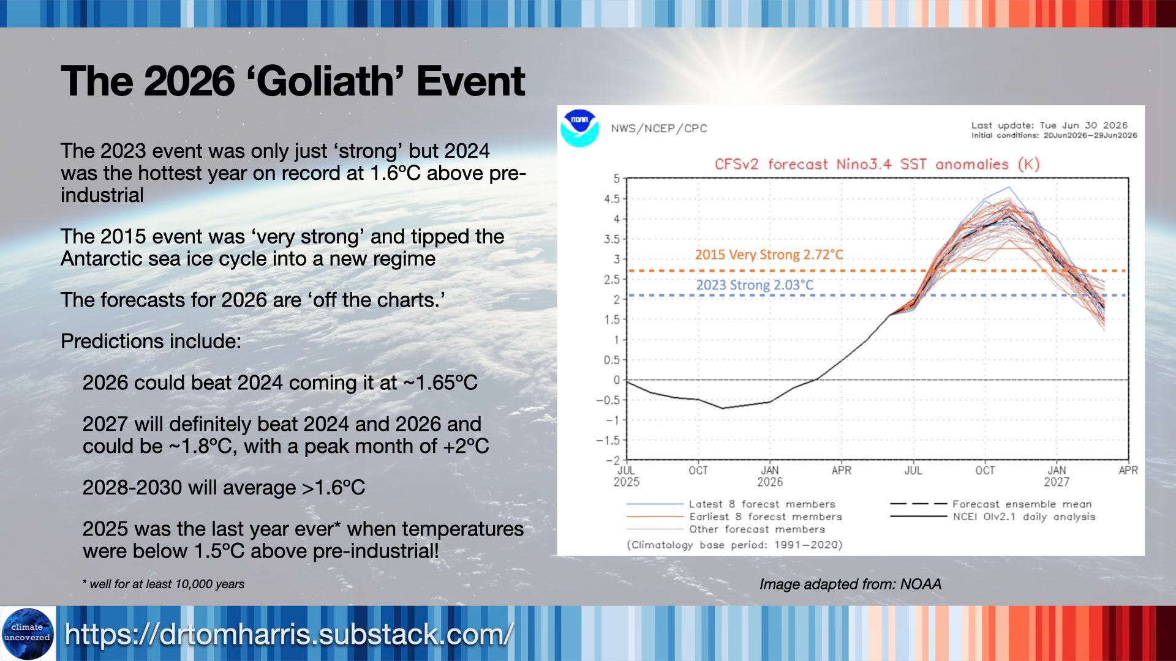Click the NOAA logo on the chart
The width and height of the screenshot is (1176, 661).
click(579, 128)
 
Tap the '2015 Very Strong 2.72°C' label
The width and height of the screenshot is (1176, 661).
click(769, 255)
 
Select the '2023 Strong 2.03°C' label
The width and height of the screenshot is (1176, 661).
click(755, 285)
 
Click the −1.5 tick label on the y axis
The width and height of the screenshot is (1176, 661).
click(608, 441)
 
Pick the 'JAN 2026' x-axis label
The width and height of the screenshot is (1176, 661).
click(770, 476)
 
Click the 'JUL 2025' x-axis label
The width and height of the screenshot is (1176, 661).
click(626, 476)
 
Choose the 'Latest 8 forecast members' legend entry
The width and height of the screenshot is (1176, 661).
click(731, 504)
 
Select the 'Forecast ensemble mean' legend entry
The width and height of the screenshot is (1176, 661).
click(990, 504)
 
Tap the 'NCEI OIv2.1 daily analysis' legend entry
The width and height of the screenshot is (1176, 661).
click(992, 517)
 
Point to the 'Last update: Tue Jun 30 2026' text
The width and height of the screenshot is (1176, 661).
click(1049, 125)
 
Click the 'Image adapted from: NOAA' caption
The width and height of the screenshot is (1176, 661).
click(850, 584)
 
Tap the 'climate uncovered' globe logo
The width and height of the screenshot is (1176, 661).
click(28, 633)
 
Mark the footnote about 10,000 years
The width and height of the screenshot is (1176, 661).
click(164, 584)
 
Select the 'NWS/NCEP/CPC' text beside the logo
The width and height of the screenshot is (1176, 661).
click(659, 129)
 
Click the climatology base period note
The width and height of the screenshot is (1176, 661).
click(734, 545)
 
